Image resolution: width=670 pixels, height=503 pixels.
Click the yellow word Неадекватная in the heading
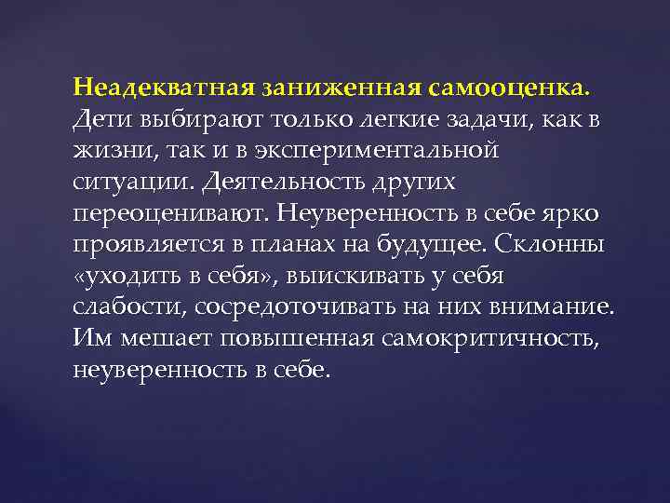164,88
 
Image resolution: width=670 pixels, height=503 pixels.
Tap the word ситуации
121,182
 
